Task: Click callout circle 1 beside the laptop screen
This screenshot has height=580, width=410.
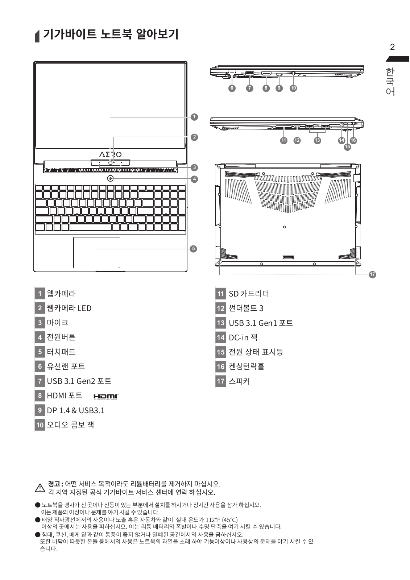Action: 194,117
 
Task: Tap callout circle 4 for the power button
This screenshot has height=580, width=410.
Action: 194,179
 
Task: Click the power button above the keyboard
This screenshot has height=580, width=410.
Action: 111,178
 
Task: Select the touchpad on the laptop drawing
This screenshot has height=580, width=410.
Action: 96,253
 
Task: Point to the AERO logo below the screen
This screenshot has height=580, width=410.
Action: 110,154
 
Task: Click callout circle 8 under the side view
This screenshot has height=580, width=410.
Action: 266,88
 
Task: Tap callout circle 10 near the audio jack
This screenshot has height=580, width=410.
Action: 293,88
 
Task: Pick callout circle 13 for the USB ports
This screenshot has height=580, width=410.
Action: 318,140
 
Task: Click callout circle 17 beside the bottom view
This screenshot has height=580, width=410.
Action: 372,274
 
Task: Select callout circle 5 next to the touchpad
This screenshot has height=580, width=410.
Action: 194,248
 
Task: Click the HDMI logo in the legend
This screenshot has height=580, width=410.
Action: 106,397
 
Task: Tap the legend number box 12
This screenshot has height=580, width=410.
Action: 220,308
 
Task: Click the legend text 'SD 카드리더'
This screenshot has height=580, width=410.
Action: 249,294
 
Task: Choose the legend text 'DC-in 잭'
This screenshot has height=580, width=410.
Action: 243,337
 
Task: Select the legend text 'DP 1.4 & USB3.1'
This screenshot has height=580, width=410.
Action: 75,410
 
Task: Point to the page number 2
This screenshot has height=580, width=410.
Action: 392,47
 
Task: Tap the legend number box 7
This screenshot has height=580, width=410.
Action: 40,381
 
